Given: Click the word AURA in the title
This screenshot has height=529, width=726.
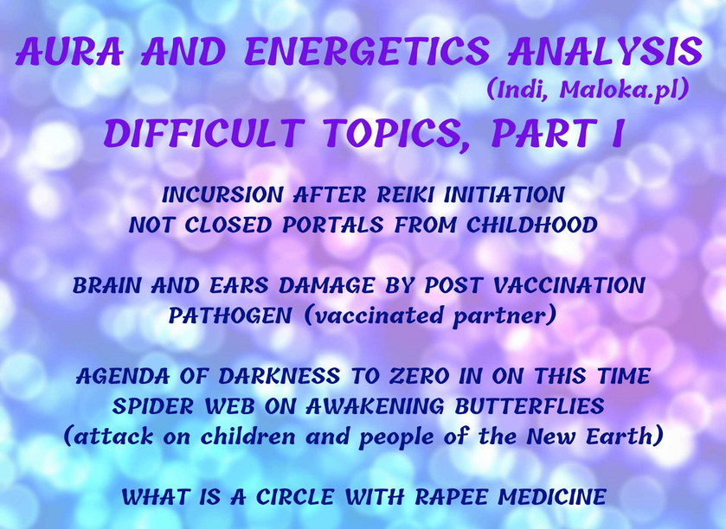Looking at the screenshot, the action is pyautogui.click(x=70, y=51).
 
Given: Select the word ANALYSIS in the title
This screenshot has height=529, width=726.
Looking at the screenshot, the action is pyautogui.click(x=605, y=51).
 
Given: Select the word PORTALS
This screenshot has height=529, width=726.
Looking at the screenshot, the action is pyautogui.click(x=333, y=226).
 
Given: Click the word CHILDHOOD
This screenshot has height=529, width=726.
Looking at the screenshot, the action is pyautogui.click(x=531, y=226).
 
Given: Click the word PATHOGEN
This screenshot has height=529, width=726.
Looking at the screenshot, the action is pyautogui.click(x=230, y=315).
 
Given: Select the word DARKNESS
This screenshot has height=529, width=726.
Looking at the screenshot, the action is pyautogui.click(x=279, y=376).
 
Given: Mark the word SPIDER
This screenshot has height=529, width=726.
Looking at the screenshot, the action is pyautogui.click(x=153, y=406).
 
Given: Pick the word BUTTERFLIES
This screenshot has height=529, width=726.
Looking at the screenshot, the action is pyautogui.click(x=530, y=406).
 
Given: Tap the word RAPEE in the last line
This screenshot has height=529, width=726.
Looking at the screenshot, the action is pyautogui.click(x=451, y=498).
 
